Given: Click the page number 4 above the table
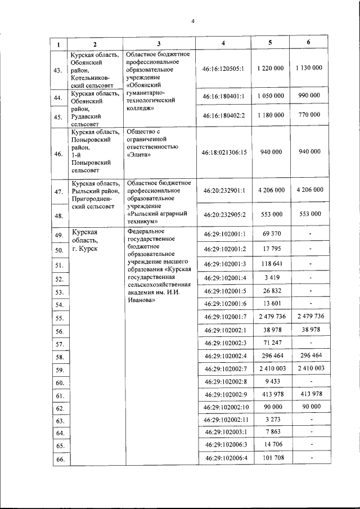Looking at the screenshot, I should click(192, 22).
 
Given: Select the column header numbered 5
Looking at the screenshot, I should click(270, 43).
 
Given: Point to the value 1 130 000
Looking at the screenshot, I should click(308, 67).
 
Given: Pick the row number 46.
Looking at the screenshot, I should click(57, 152).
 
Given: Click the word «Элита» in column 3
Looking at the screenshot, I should click(139, 156).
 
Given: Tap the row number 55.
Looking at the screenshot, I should click(57, 318).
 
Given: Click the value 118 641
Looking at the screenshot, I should click(270, 264).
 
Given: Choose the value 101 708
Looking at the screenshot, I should click(270, 458).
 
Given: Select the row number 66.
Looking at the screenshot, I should click(57, 460).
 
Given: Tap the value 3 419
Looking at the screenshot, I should click(270, 277).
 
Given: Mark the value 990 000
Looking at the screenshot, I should click(308, 96).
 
